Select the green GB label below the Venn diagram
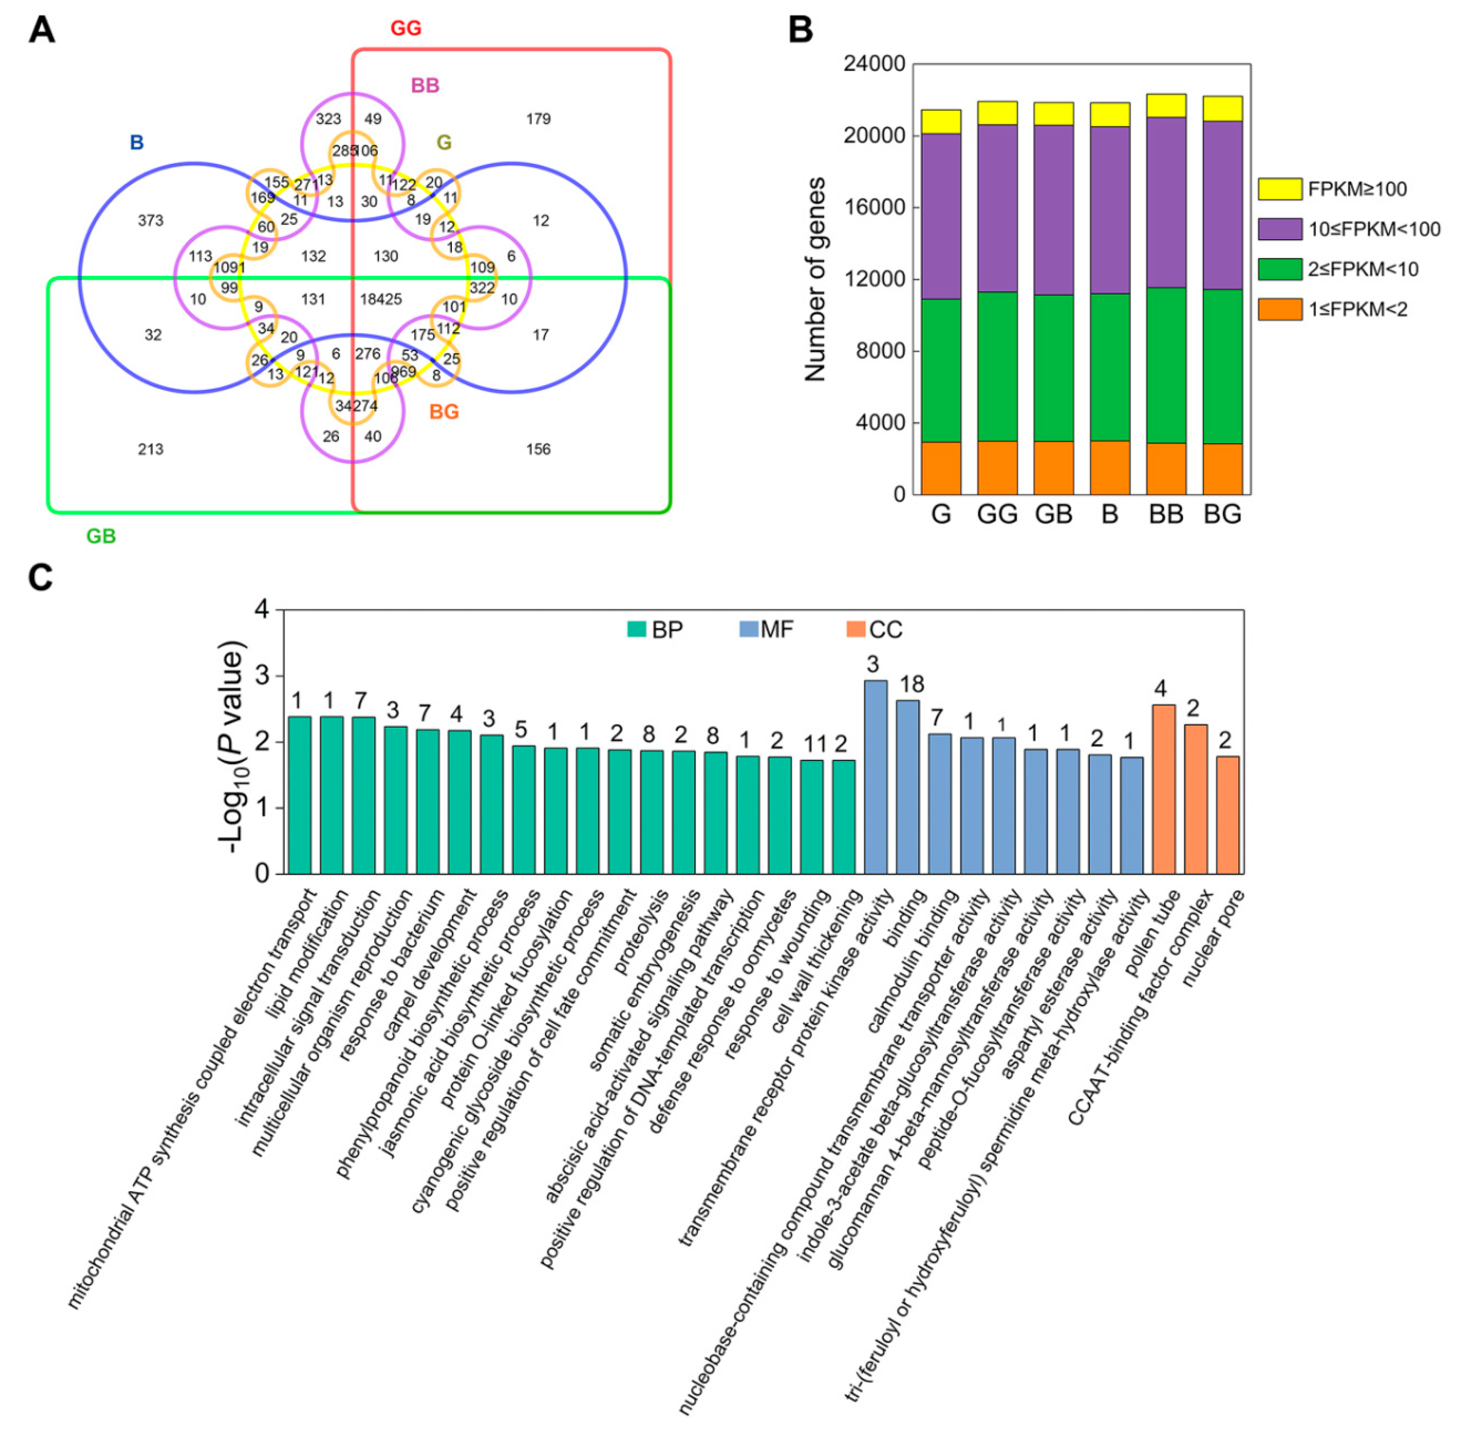(x=101, y=536)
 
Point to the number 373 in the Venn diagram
(x=150, y=221)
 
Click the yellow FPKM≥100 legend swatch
(x=1279, y=189)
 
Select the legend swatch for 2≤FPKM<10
(x=1279, y=269)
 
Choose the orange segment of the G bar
(x=941, y=468)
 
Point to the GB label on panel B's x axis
(x=1053, y=514)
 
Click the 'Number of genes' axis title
(x=815, y=279)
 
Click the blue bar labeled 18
(x=908, y=787)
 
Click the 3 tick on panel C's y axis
(x=262, y=676)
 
